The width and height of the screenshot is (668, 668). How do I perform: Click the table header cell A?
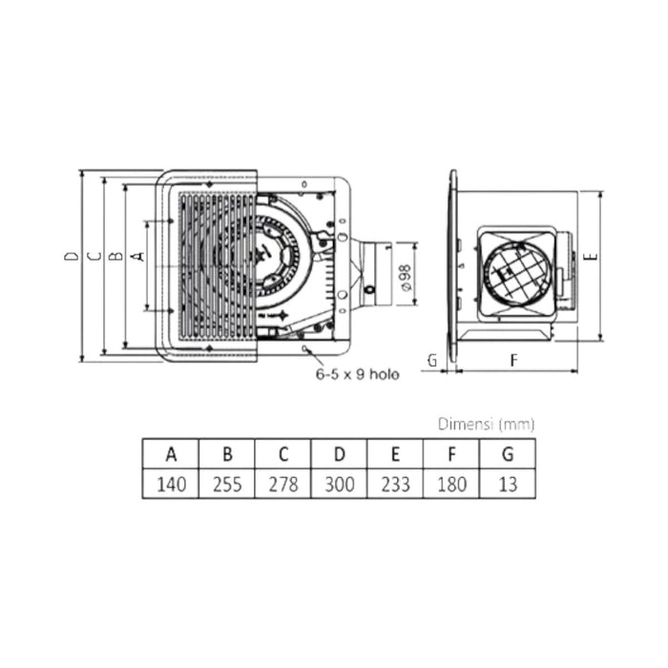171,454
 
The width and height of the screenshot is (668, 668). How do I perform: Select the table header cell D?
338,454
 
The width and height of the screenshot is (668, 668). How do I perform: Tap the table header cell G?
507,454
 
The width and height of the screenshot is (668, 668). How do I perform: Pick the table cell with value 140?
171,484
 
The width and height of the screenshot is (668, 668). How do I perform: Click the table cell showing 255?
226,484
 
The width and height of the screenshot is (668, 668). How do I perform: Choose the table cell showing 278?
282,484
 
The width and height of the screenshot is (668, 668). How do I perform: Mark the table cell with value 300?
338,484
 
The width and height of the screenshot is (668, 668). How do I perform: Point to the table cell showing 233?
394,484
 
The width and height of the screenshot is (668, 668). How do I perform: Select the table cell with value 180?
450,484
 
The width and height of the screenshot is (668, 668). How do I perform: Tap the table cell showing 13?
507,484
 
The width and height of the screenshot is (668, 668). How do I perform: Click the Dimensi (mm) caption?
486,424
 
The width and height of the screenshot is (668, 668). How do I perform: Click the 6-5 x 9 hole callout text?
357,375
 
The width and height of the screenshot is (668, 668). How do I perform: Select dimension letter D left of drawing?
71,257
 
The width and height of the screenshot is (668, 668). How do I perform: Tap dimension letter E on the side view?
591,258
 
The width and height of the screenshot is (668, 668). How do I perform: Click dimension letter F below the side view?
513,360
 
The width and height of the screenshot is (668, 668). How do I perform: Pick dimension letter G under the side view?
432,360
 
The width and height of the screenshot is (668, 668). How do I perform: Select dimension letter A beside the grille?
136,257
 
